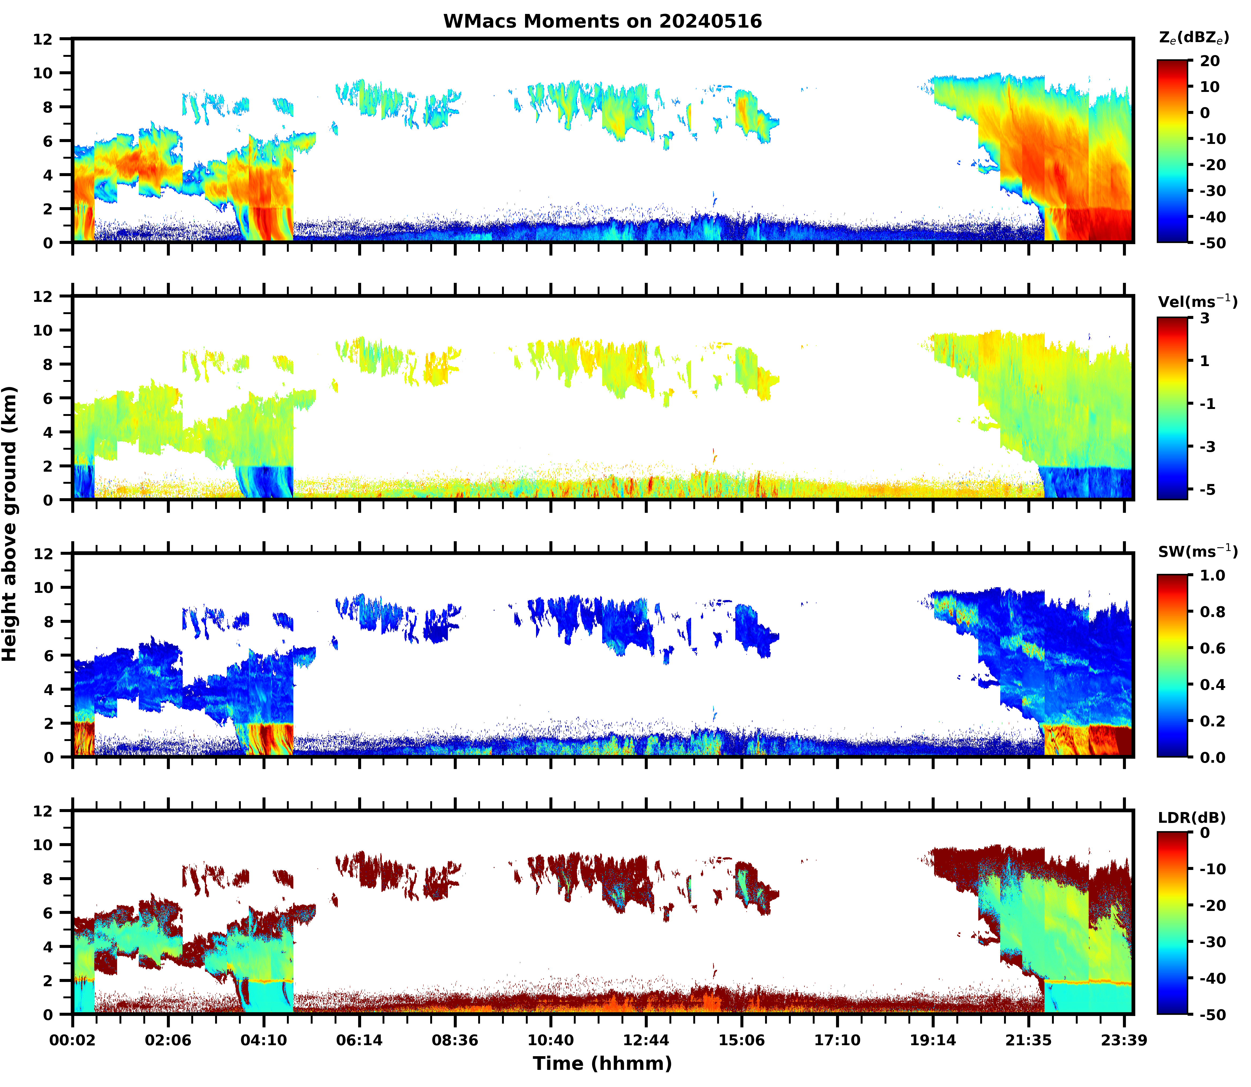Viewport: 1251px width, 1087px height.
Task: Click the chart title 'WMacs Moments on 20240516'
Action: (602, 21)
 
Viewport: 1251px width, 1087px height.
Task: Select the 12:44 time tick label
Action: (646, 1040)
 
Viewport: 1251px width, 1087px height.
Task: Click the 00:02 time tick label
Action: (73, 1040)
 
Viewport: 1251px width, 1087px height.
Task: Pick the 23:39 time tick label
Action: (1124, 1040)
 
